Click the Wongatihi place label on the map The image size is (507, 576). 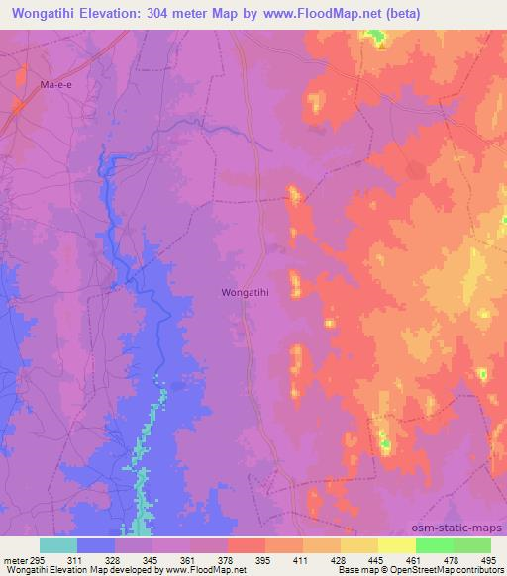point(243,293)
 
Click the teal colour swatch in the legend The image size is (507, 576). point(57,545)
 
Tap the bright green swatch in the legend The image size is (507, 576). point(435,545)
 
